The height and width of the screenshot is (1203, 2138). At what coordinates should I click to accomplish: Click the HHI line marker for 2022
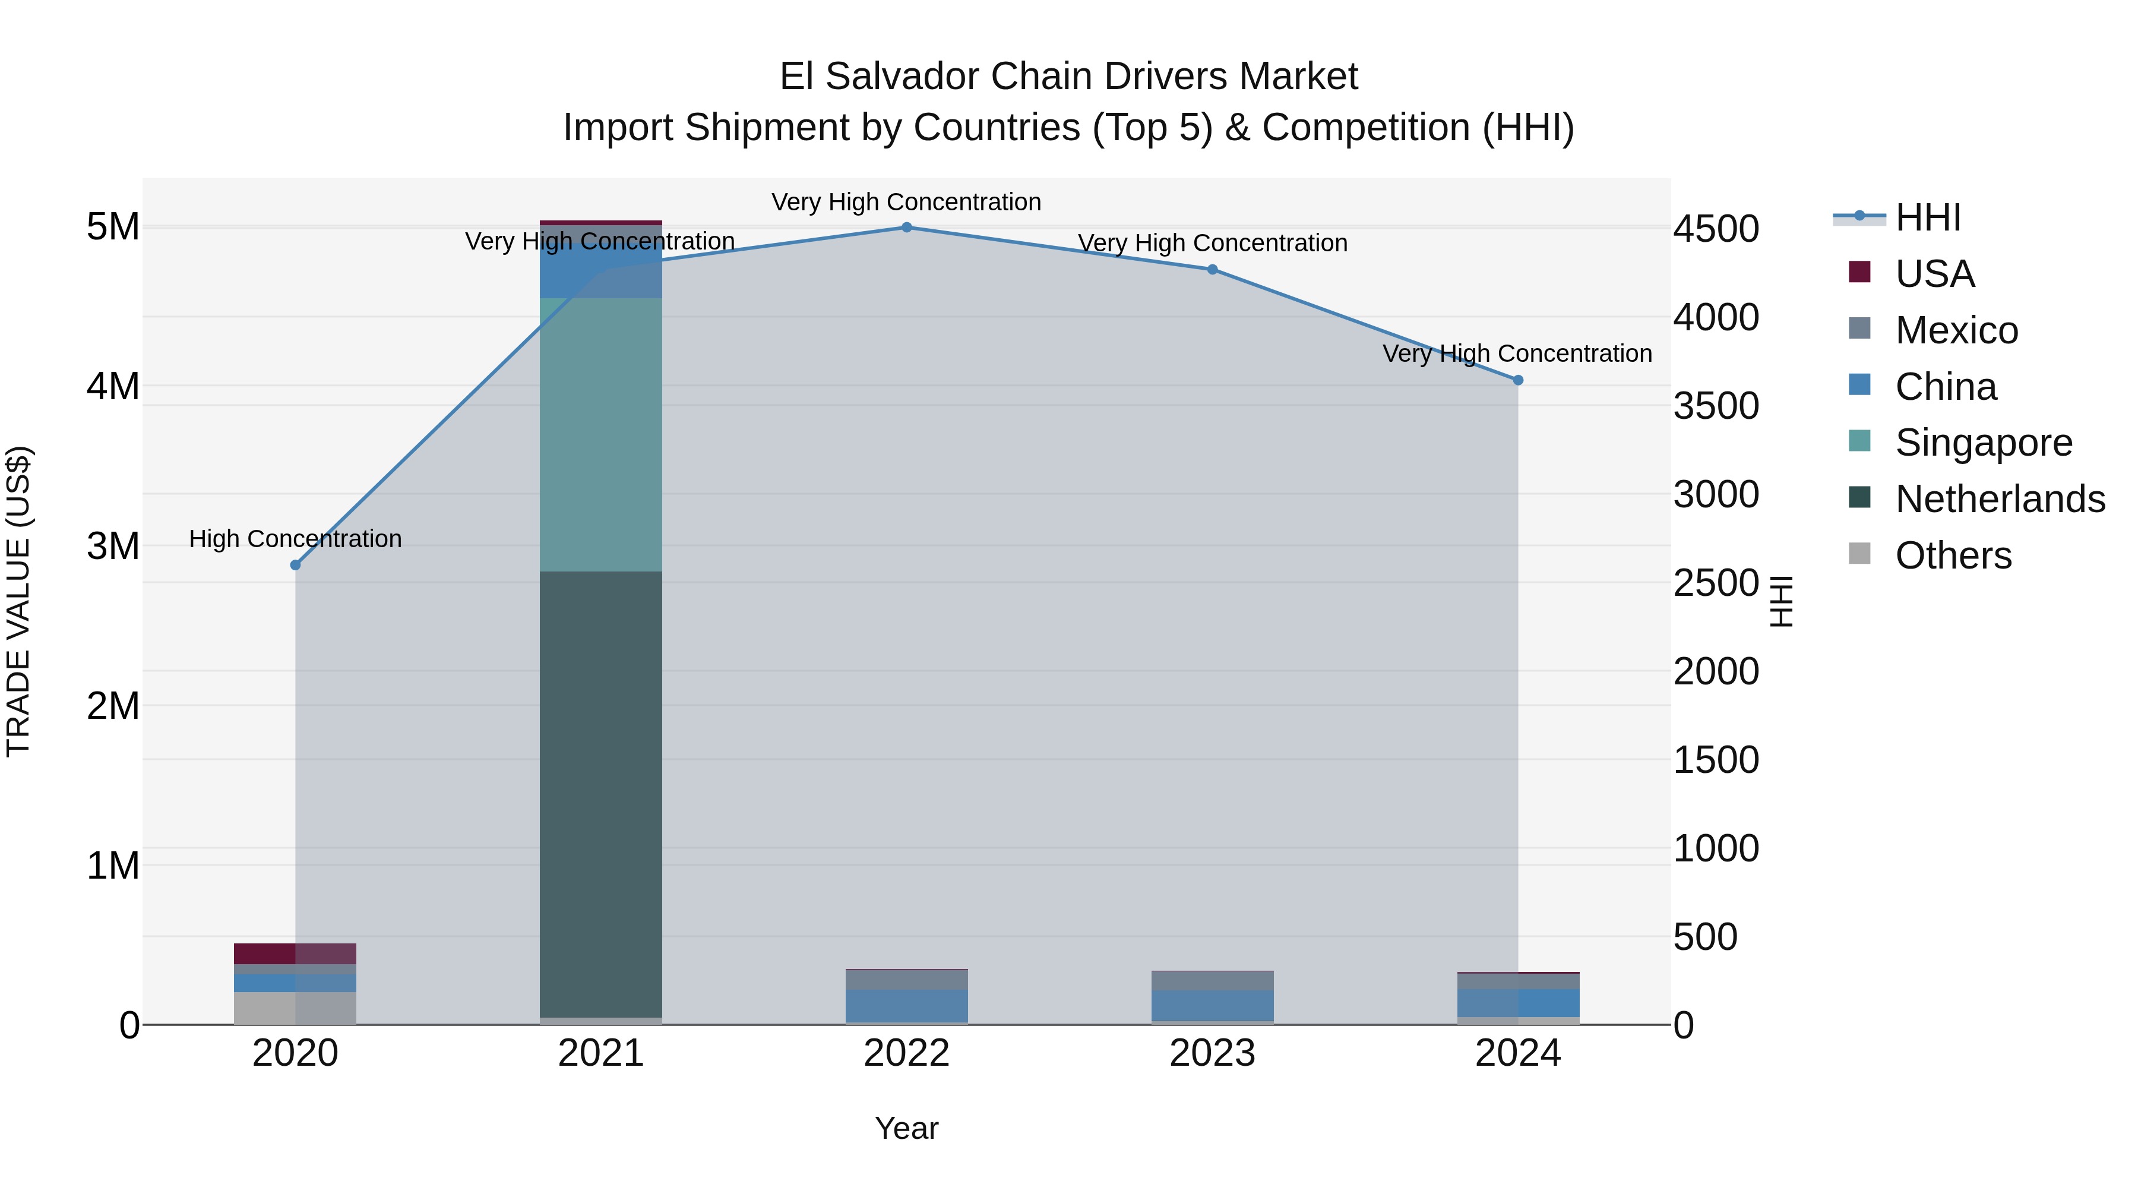(906, 228)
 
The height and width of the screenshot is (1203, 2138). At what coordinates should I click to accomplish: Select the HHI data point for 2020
(296, 564)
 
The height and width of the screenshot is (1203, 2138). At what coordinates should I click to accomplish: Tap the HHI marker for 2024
(1518, 380)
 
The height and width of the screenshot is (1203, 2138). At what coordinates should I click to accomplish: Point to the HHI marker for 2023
(1212, 269)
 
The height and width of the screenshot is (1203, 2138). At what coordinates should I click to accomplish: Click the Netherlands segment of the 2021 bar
(601, 793)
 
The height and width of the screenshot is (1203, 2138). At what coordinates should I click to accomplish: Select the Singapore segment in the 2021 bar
(601, 434)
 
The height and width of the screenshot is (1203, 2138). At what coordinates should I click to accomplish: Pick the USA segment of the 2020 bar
(296, 953)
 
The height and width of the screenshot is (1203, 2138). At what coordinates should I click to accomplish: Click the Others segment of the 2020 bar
(296, 1008)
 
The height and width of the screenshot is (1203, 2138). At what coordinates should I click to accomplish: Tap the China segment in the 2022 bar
(906, 1005)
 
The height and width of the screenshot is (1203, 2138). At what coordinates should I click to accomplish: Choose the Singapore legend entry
(1984, 443)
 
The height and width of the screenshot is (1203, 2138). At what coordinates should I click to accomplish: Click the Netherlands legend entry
(2000, 499)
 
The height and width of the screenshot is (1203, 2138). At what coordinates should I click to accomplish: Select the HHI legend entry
(1927, 217)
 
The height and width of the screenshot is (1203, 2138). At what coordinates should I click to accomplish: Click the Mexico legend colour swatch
(1860, 328)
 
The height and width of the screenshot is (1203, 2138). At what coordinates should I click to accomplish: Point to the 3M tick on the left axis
(113, 547)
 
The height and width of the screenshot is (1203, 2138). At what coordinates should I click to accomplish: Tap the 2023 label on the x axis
(1212, 1053)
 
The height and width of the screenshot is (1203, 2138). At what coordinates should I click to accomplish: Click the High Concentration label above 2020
(296, 539)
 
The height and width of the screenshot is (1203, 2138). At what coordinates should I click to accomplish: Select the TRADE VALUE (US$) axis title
(18, 601)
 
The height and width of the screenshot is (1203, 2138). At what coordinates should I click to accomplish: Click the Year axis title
(906, 1128)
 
